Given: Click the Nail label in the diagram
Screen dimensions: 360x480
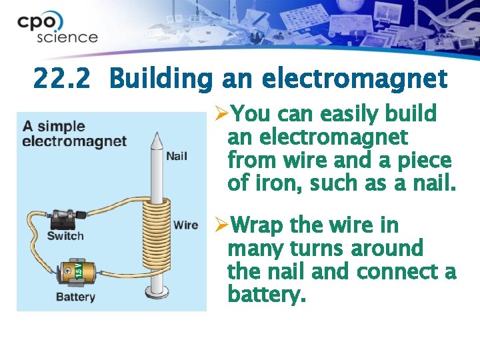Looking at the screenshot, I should [x=176, y=156].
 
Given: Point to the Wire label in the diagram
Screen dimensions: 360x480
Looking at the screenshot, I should [x=185, y=225].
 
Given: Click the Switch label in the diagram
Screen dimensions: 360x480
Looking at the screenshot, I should [x=65, y=235].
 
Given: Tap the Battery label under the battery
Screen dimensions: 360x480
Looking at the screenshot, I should [x=75, y=297].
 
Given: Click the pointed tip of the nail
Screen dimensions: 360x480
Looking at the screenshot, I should [x=157, y=139].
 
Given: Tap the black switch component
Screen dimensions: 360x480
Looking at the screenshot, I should [x=67, y=218].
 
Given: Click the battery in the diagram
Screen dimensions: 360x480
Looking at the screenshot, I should [x=77, y=273].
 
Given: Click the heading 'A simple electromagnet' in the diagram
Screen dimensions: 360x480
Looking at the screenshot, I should [x=73, y=133].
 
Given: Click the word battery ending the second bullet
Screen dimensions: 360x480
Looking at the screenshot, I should [x=265, y=294].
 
